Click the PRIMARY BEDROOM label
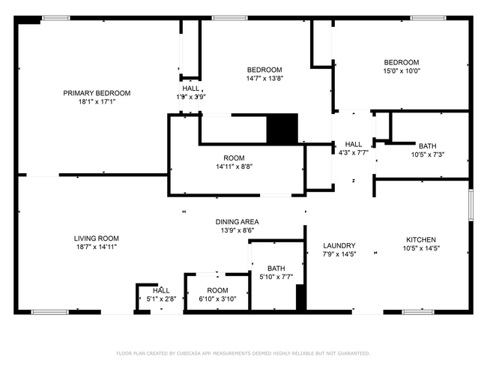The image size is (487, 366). (97, 93)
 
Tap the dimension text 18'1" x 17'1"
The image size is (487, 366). (97, 102)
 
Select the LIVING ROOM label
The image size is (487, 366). (97, 238)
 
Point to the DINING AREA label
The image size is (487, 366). (238, 222)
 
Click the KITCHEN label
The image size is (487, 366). (421, 240)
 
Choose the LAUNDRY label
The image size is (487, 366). (339, 246)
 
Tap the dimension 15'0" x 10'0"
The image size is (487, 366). (402, 71)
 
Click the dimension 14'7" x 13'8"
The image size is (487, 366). (264, 78)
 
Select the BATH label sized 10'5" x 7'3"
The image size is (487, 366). (427, 145)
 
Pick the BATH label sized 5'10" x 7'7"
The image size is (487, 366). (276, 268)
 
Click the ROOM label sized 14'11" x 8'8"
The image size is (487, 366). (234, 158)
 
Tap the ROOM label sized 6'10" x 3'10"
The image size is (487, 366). (217, 290)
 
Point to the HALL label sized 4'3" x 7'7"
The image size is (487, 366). (354, 144)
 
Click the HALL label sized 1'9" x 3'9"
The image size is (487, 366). (191, 88)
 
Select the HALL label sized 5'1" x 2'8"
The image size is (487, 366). (161, 290)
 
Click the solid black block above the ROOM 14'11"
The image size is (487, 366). (282, 129)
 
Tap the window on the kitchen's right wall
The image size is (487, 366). (471, 205)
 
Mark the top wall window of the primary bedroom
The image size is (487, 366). (56, 18)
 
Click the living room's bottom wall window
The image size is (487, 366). (50, 312)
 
